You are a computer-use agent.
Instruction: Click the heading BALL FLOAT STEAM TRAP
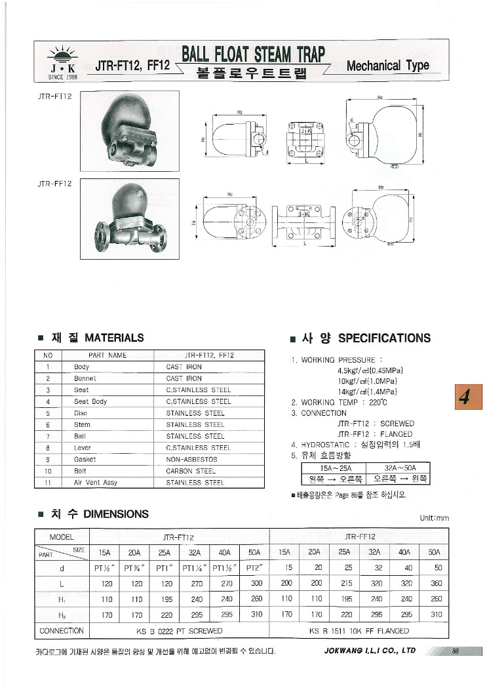click(254, 53)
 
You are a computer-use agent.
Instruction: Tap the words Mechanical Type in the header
click(387, 66)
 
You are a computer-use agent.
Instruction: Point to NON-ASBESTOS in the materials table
click(191, 459)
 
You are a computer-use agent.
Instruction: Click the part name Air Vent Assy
click(96, 482)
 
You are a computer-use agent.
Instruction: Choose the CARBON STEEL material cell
click(191, 471)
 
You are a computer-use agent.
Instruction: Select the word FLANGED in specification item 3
click(397, 434)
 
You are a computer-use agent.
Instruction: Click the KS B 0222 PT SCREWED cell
click(179, 631)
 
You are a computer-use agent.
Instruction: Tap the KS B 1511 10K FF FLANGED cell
click(359, 631)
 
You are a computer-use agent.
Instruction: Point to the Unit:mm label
click(435, 518)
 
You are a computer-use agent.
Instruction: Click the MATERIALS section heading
click(114, 338)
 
